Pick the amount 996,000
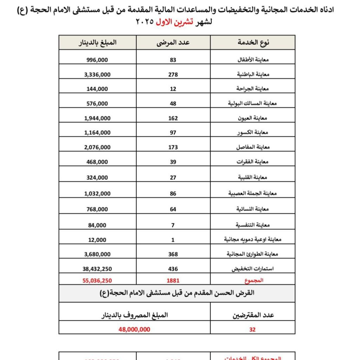[97, 60]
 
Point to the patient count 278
[173, 75]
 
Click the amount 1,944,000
[97, 118]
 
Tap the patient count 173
[173, 147]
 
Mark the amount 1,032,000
[97, 193]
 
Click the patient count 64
[173, 209]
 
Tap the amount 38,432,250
[97, 269]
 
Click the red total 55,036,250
[97, 281]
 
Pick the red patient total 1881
[173, 281]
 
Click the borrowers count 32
[252, 330]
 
